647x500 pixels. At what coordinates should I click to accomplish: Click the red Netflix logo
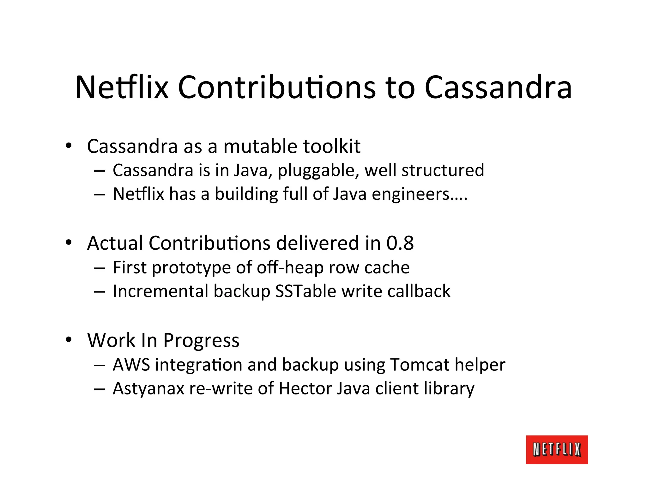pos(557,449)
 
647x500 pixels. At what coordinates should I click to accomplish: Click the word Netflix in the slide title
pos(122,87)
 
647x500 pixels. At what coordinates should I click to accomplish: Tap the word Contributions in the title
pos(277,87)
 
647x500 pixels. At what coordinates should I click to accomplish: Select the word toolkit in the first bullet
pos(331,146)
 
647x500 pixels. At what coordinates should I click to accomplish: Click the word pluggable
pos(318,171)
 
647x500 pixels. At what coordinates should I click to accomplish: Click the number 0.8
pos(400,243)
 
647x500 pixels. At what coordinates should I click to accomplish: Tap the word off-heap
pos(290,268)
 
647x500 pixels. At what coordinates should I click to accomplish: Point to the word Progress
pos(201,341)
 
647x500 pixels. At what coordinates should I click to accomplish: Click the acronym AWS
pos(131,365)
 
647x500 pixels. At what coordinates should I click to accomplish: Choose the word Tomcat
pos(420,365)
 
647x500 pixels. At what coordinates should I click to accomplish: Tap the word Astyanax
pos(148,388)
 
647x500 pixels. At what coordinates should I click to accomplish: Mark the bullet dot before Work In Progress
pos(69,340)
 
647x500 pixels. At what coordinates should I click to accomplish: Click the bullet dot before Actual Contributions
pos(69,243)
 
